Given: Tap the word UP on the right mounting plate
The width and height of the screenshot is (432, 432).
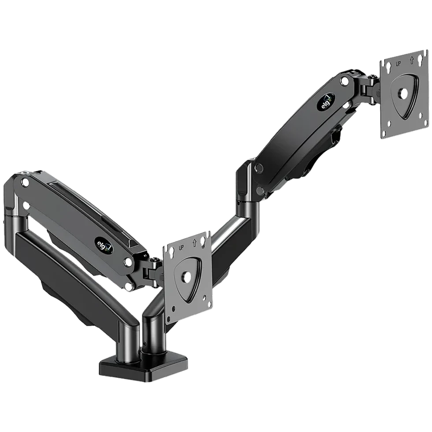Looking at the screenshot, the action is pyautogui.click(x=398, y=63).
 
